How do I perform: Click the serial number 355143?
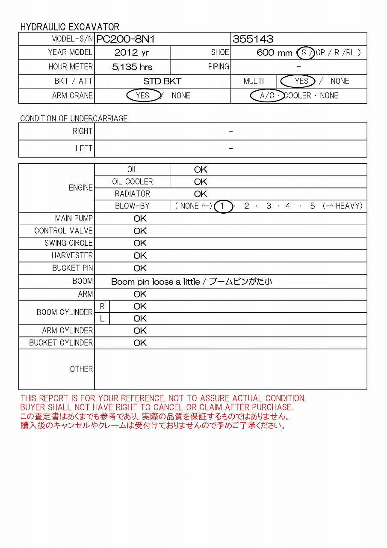point(253,39)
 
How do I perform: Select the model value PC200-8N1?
point(125,39)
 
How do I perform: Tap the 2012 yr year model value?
point(132,53)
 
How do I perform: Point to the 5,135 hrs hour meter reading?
point(132,67)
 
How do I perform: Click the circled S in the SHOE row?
point(304,53)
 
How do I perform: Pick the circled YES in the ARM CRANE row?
point(143,95)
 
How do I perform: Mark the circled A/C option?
point(267,95)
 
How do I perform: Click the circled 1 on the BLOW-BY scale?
point(222,206)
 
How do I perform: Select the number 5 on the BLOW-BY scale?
point(313,206)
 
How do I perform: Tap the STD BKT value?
point(162,81)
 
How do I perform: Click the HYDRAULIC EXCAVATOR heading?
point(70,27)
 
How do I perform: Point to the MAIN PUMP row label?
point(74,218)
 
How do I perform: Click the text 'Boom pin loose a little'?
point(155,281)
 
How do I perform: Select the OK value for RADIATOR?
point(200,194)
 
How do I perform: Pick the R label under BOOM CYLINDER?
point(102,307)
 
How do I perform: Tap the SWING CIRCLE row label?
point(68,243)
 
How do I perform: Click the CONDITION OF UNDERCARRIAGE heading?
point(74,118)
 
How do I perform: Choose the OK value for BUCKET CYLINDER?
point(140,343)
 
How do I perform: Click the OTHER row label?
point(81,369)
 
